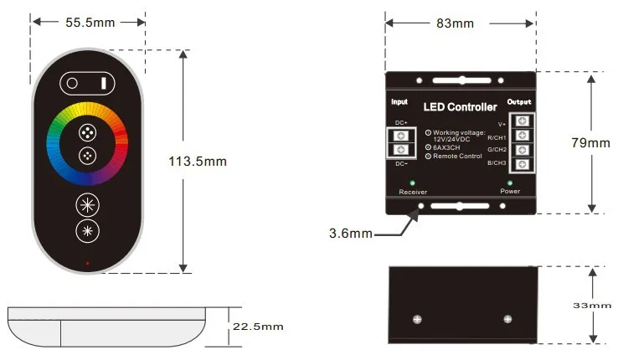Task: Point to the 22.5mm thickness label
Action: (x=258, y=326)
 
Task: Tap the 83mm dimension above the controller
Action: (x=455, y=23)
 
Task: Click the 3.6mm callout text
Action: (x=351, y=233)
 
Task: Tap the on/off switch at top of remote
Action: (x=88, y=83)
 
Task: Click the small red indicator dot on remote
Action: (x=88, y=264)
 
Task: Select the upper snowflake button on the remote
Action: (x=88, y=204)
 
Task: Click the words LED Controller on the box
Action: (x=460, y=107)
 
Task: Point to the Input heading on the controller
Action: (x=399, y=101)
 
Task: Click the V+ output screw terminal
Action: (x=522, y=121)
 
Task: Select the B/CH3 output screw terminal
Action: (x=522, y=164)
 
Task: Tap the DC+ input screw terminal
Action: (x=402, y=136)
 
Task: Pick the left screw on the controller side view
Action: (x=416, y=319)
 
